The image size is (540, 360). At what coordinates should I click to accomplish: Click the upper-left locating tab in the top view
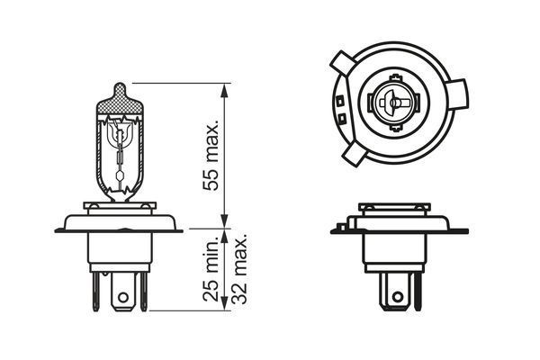[x=341, y=64]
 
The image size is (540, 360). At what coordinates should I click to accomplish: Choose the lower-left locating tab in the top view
[x=353, y=154]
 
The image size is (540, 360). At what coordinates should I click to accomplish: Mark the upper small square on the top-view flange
[x=340, y=99]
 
